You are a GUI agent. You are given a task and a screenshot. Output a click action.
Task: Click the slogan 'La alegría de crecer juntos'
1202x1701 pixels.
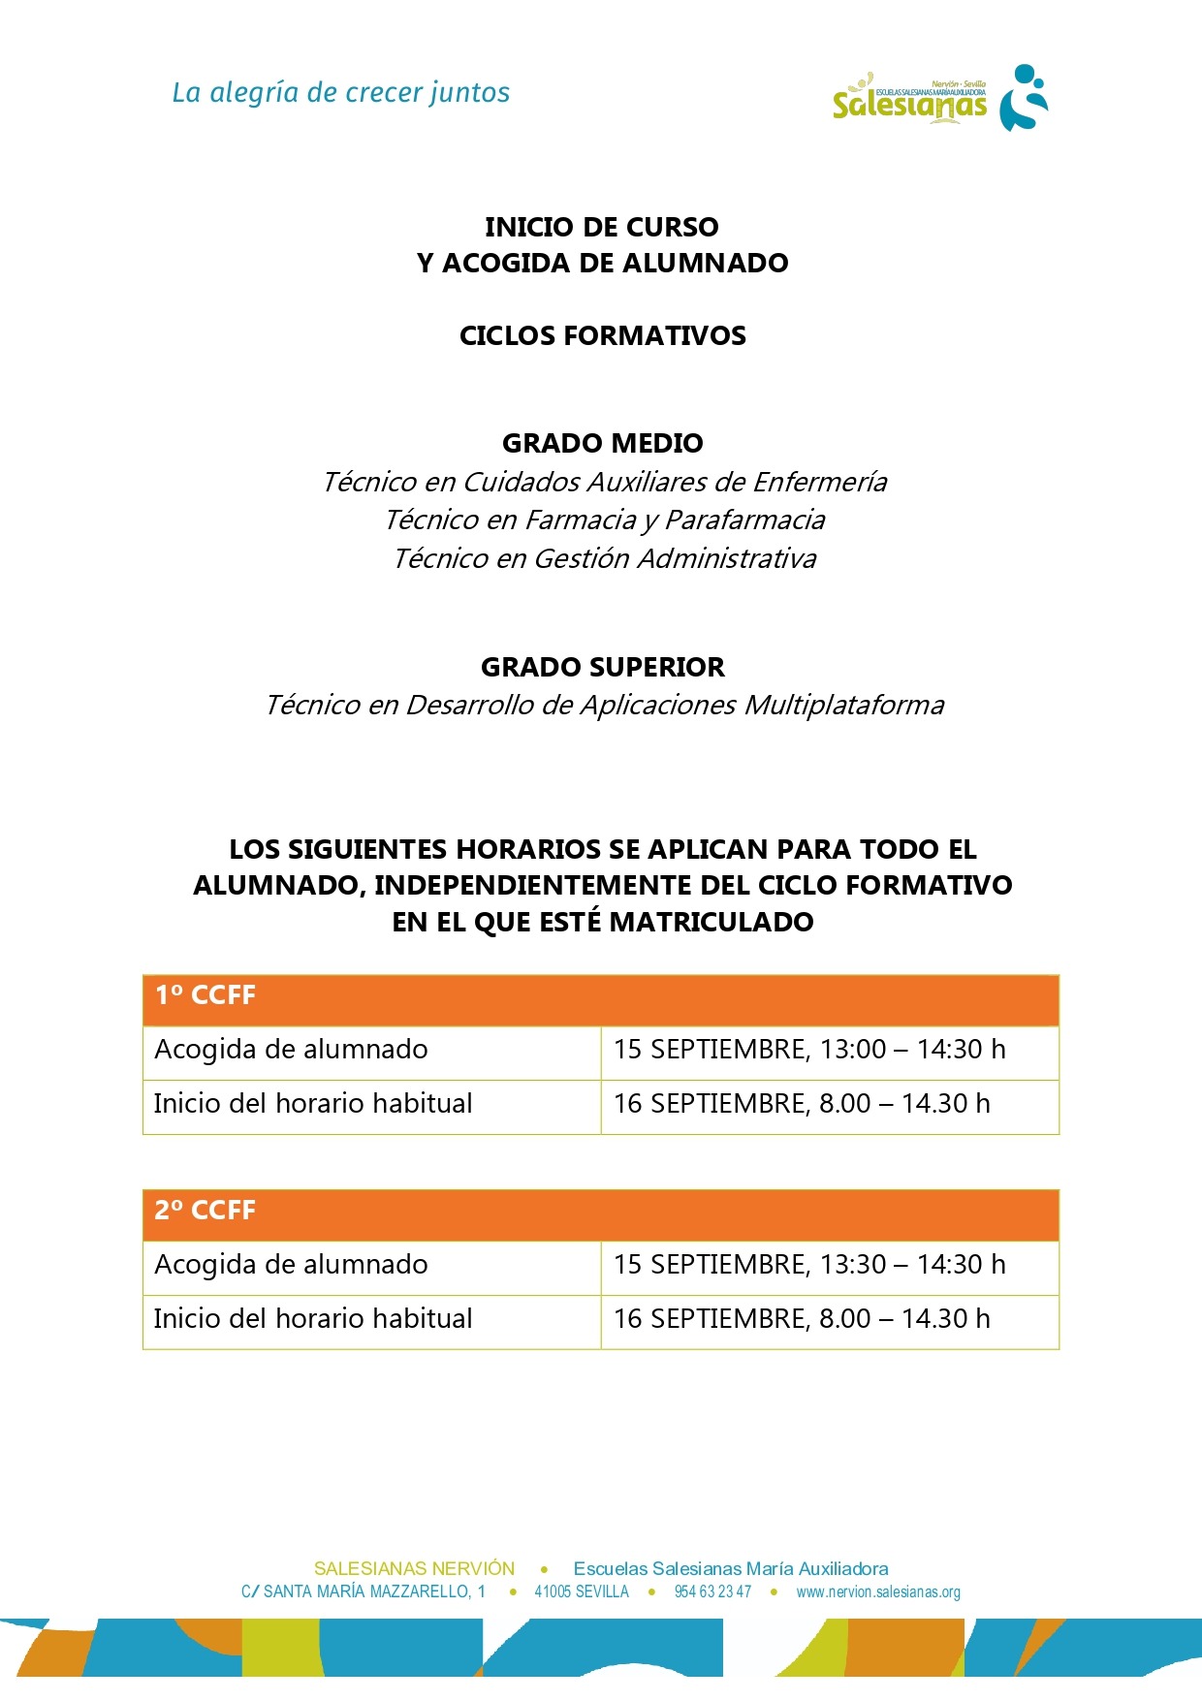tap(340, 93)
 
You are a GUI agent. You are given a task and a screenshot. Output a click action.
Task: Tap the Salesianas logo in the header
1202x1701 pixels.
tap(939, 99)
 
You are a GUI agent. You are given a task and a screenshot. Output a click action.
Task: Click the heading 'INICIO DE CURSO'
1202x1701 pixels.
tap(602, 227)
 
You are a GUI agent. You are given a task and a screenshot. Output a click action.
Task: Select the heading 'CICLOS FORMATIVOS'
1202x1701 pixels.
tap(602, 335)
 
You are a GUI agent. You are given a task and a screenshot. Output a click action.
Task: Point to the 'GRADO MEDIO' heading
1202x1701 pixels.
tap(602, 443)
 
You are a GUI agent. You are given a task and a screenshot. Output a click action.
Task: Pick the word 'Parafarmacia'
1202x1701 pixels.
tap(744, 520)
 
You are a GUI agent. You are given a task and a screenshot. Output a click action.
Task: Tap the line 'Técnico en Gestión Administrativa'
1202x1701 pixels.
tap(604, 558)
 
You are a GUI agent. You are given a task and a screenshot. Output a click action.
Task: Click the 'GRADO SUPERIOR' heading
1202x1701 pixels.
tap(602, 667)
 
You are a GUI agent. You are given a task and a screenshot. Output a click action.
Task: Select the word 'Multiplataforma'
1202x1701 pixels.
tap(843, 705)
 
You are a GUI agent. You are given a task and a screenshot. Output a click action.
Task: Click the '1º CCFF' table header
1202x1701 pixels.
tap(206, 995)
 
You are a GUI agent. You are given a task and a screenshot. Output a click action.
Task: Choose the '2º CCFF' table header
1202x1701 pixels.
tap(206, 1211)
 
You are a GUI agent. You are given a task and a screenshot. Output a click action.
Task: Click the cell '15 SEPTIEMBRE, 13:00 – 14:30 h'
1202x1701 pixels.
tap(809, 1050)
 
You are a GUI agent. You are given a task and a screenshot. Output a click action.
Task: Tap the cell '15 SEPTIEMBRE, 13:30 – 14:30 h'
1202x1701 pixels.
tap(809, 1265)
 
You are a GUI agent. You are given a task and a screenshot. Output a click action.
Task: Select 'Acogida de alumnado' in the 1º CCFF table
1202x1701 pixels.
tap(291, 1050)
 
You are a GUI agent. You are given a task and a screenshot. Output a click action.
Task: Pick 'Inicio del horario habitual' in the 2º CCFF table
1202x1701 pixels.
tap(313, 1319)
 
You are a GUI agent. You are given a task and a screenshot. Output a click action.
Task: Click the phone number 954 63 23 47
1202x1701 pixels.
tap(712, 1591)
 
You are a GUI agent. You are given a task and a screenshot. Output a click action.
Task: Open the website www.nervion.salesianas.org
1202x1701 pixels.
tap(878, 1591)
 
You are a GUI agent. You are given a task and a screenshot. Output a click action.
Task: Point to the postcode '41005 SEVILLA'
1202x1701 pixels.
tap(582, 1591)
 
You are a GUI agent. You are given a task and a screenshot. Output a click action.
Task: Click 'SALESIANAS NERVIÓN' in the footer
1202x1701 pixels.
tap(414, 1568)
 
